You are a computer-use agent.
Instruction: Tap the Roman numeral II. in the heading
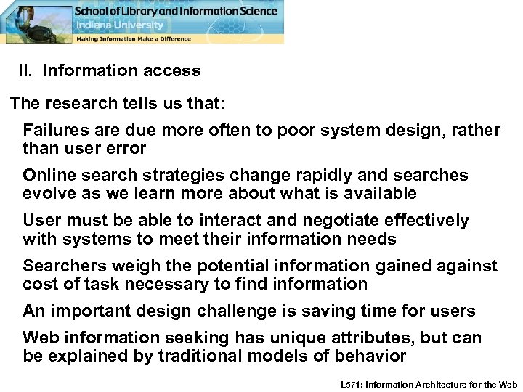pos(26,71)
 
